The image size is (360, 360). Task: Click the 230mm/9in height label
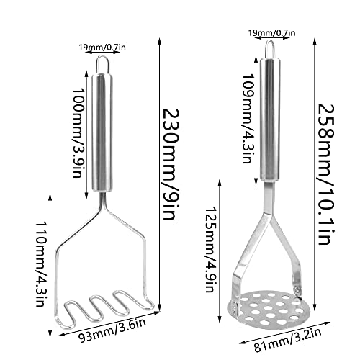[171, 165]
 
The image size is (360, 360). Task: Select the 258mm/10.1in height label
[326, 174]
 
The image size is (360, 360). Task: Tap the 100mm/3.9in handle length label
[78, 133]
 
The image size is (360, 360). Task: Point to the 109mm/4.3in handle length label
[248, 119]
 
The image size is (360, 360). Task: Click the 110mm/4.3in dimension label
[40, 264]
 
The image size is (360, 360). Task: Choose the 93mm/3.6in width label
[113, 330]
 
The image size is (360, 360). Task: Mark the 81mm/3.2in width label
[288, 340]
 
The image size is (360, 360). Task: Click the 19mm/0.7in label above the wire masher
[102, 48]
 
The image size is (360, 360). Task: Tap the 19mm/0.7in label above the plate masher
[271, 32]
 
